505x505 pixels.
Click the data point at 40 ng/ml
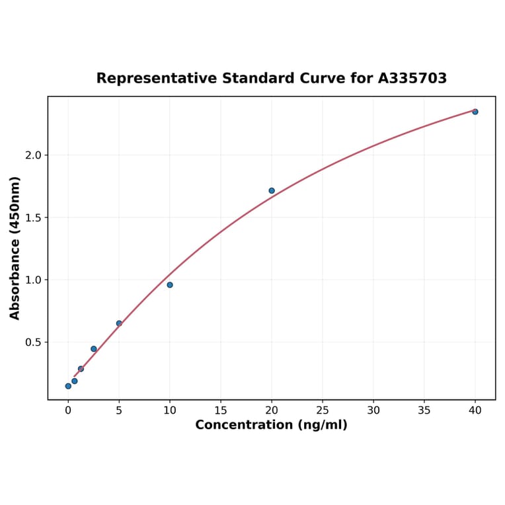click(x=475, y=112)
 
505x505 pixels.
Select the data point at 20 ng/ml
click(x=272, y=191)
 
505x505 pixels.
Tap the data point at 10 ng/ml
click(x=170, y=285)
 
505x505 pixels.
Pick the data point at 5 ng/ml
click(x=119, y=323)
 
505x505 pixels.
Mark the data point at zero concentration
click(x=68, y=386)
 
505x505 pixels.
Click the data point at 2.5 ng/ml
click(x=94, y=349)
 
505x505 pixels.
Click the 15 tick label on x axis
click(x=221, y=410)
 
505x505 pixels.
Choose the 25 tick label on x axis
click(x=323, y=410)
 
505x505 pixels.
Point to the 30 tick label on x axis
click(x=373, y=410)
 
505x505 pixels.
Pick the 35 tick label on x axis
click(x=424, y=410)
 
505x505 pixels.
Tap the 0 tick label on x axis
click(x=68, y=410)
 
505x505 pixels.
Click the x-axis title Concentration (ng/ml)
click(x=271, y=425)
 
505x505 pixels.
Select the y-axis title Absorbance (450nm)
click(x=15, y=248)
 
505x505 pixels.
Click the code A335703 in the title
click(x=412, y=79)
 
